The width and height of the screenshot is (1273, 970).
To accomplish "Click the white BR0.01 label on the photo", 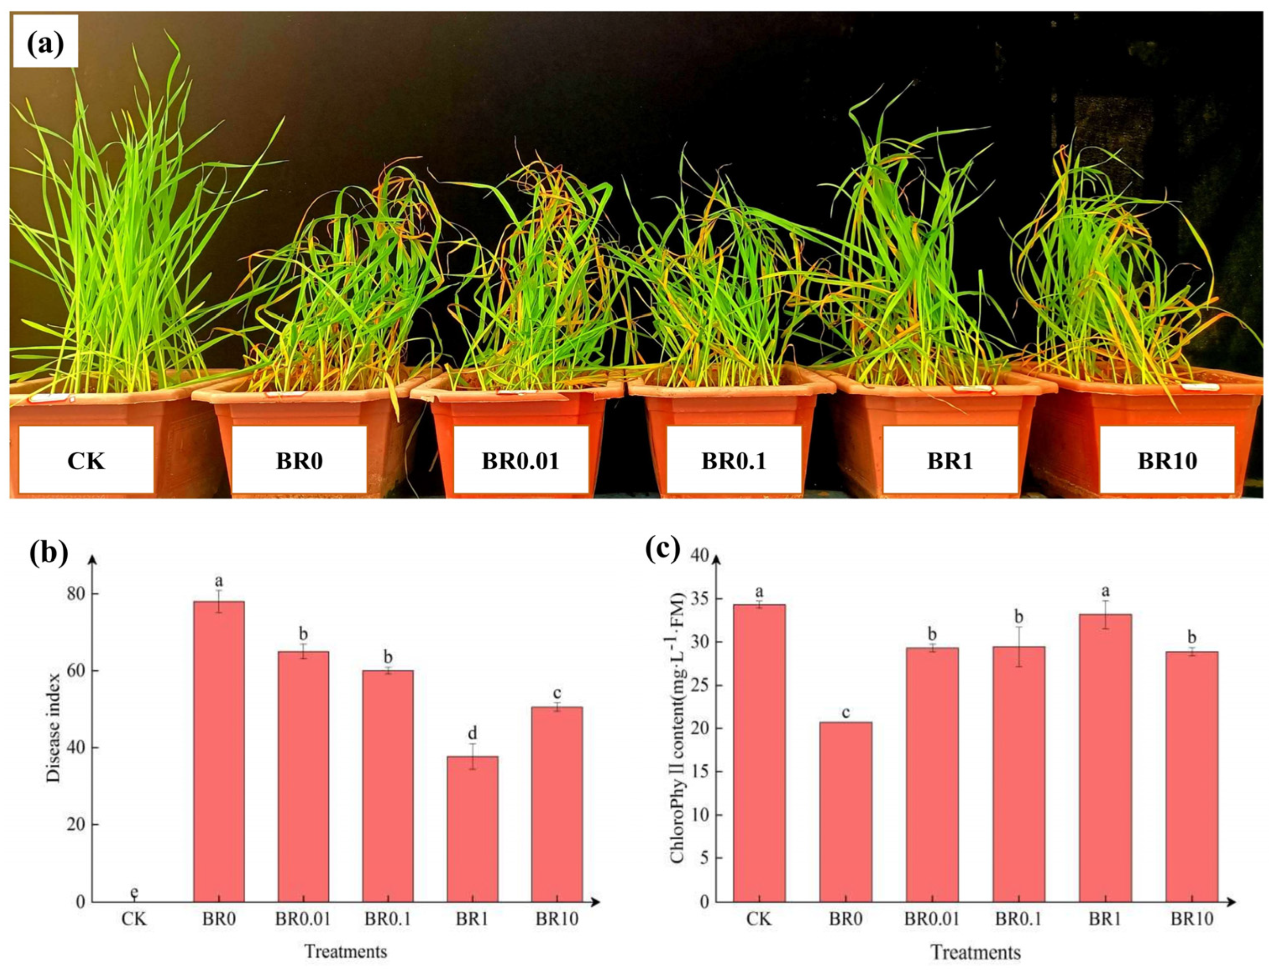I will point(521,461).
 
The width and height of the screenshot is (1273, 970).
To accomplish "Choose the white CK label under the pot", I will point(86,461).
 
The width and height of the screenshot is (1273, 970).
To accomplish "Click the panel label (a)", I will point(46,42).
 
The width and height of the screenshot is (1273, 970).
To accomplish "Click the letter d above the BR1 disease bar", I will point(472,734).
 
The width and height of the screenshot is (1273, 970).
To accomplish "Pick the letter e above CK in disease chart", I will point(134,893).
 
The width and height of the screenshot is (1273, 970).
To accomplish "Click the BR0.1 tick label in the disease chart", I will point(388,919).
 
